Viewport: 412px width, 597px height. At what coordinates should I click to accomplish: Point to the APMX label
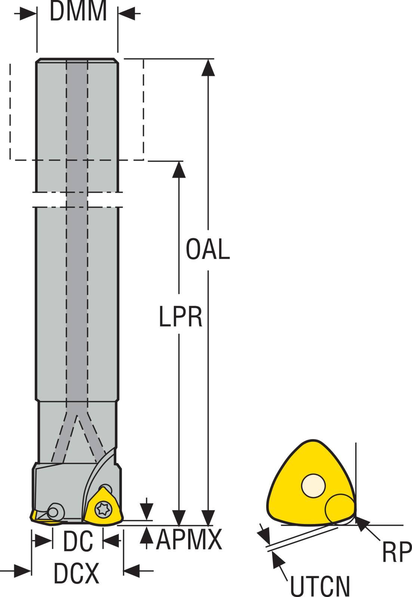pyautogui.click(x=189, y=540)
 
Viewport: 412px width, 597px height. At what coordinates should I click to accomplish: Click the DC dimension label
pyautogui.click(x=77, y=542)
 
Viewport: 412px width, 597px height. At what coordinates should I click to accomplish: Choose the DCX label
pyautogui.click(x=77, y=573)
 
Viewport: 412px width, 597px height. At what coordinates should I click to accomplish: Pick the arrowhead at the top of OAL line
pyautogui.click(x=208, y=67)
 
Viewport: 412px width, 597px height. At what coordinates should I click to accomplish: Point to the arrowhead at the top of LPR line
pyautogui.click(x=180, y=169)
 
